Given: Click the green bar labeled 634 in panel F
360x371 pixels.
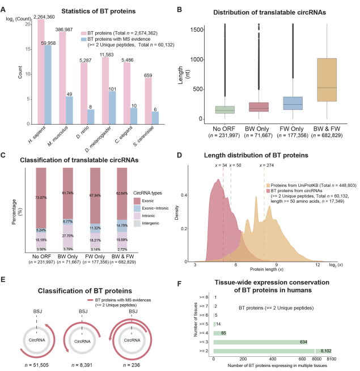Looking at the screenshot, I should pyautogui.click(x=261, y=342).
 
